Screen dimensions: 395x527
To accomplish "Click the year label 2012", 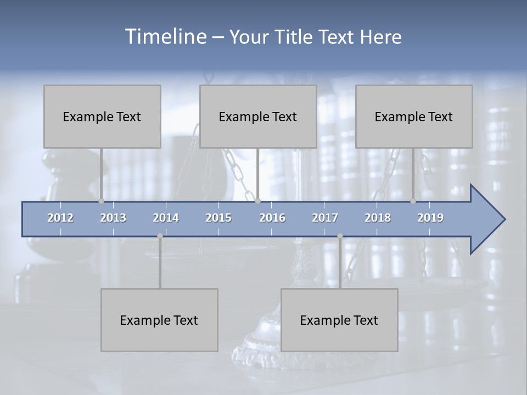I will click(60, 218).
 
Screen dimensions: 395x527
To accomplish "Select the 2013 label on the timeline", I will click(113, 218).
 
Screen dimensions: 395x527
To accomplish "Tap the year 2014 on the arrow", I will click(166, 218).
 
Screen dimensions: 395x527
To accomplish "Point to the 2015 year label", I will click(218, 218).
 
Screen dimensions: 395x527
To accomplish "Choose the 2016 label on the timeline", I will click(272, 218).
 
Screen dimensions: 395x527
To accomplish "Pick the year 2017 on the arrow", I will click(325, 218).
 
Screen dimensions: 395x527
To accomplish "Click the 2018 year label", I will click(378, 218).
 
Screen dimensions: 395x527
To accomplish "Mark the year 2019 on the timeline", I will click(430, 218).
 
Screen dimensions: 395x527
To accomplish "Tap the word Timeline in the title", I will click(165, 37).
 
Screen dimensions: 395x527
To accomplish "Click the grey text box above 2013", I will click(102, 116).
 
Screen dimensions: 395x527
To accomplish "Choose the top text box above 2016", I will click(258, 116).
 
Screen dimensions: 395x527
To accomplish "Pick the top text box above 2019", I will click(414, 116).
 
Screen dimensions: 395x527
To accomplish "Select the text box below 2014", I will click(159, 320).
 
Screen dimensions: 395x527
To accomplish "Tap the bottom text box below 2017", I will click(339, 320).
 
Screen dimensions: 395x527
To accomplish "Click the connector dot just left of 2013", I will click(101, 201).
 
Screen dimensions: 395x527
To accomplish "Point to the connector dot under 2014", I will click(160, 236).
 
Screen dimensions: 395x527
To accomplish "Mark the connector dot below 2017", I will click(340, 236).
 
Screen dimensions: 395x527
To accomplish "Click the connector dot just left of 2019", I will click(413, 201).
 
